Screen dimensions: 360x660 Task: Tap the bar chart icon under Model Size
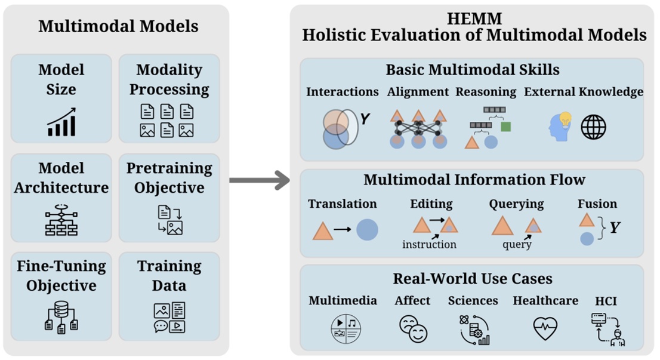[x=61, y=122]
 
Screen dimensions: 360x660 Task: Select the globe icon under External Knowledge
[x=593, y=127]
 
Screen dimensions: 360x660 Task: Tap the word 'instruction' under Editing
[x=429, y=244]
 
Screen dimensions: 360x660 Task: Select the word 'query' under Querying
[x=517, y=244]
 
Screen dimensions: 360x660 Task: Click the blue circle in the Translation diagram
[x=367, y=230]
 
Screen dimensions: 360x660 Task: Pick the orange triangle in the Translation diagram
[x=323, y=230]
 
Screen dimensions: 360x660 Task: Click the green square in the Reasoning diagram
[x=505, y=127]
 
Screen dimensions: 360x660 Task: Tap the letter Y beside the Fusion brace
[x=615, y=228]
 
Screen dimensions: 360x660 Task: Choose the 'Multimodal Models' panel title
[x=118, y=26]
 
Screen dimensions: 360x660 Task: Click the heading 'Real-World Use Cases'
[x=472, y=278]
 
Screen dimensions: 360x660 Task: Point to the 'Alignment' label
[x=418, y=92]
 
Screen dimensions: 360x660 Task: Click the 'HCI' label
[x=606, y=301]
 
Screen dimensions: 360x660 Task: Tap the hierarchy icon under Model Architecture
[x=61, y=220]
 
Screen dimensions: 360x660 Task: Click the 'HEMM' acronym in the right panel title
[x=474, y=19]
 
